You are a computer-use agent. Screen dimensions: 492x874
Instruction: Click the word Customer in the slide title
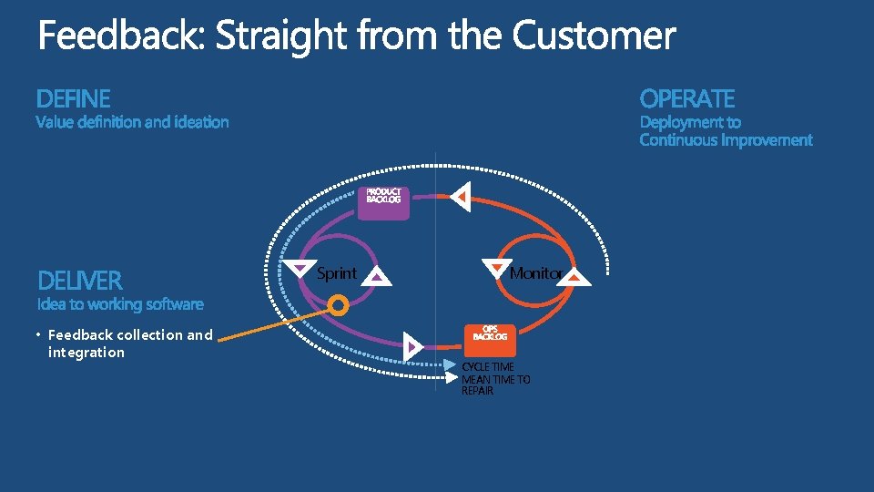[x=594, y=37]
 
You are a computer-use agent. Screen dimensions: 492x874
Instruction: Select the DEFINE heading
[x=73, y=98]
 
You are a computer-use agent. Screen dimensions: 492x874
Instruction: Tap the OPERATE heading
[x=686, y=98]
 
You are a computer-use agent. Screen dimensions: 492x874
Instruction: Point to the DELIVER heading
[x=80, y=280]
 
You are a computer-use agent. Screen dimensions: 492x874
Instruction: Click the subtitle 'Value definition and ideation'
[x=132, y=122]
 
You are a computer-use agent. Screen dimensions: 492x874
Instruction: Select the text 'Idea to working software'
[x=120, y=304]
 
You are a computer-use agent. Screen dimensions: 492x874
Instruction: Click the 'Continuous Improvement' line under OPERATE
[x=726, y=140]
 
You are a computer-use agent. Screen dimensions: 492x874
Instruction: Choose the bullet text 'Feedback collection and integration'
[x=129, y=343]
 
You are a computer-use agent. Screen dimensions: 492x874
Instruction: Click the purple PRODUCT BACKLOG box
[x=383, y=202]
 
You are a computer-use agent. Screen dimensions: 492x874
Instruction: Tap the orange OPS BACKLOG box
[x=490, y=338]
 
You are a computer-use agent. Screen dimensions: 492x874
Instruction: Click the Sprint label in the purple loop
[x=336, y=273]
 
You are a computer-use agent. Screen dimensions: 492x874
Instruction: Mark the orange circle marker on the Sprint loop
[x=337, y=304]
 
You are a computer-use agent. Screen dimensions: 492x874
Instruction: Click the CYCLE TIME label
[x=488, y=367]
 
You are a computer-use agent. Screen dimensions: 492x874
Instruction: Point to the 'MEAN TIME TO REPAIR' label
[x=495, y=385]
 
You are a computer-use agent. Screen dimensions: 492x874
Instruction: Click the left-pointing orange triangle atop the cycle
[x=462, y=196]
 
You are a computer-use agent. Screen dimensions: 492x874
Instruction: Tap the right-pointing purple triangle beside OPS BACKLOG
[x=413, y=346]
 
